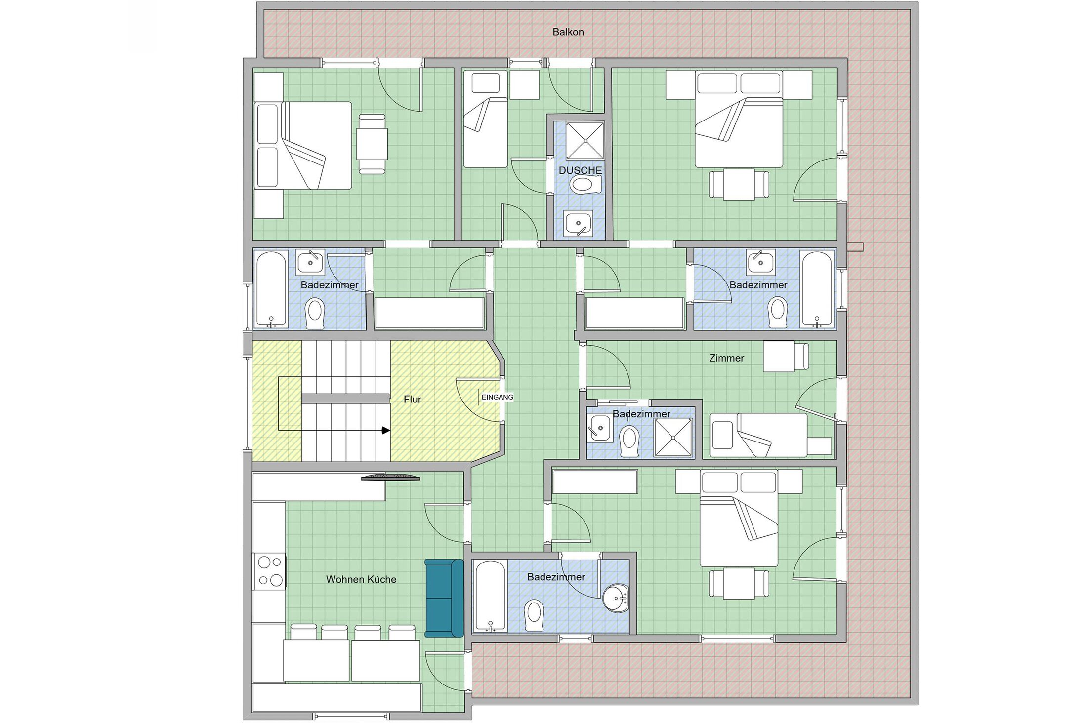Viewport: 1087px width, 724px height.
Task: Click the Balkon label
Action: pos(568,32)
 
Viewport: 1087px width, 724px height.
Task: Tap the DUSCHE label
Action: pos(580,170)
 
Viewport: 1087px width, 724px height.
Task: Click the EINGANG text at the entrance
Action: pos(497,397)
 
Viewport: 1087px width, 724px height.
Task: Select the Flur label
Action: pos(412,400)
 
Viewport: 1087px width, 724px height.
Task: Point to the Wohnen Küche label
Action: pos(361,579)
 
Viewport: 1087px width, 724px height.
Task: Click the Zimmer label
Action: pos(726,358)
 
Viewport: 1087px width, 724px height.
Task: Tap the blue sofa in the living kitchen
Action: pos(444,598)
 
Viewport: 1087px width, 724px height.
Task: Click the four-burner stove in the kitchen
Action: pos(269,571)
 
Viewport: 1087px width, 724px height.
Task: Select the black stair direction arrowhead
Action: pos(386,431)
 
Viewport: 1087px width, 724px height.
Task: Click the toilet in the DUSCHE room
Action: pos(585,185)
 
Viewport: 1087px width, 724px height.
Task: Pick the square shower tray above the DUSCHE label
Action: pos(585,141)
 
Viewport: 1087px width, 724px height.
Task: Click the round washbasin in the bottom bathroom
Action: pos(616,598)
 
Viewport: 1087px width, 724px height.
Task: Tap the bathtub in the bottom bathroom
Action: pos(490,596)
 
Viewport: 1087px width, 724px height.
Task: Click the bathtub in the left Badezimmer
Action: pos(271,289)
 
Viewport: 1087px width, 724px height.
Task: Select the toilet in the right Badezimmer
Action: pos(778,312)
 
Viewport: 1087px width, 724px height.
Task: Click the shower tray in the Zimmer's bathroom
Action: pos(673,437)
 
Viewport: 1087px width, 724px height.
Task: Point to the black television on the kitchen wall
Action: pos(390,477)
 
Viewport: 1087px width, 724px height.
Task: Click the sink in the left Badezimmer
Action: pos(310,262)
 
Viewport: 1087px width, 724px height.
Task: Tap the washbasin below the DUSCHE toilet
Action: pos(579,223)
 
